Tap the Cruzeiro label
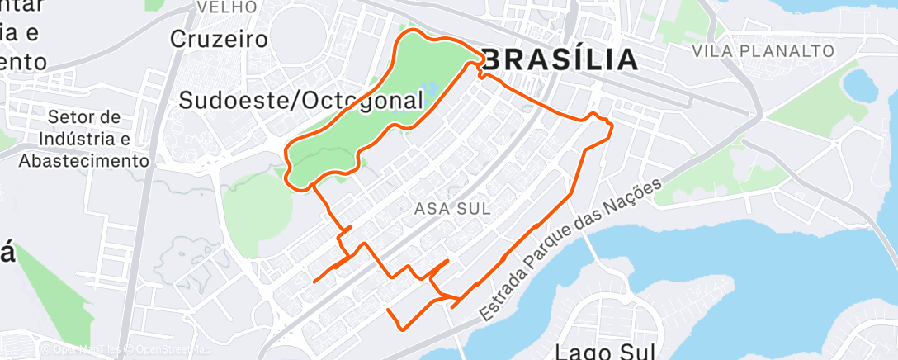(x=220, y=39)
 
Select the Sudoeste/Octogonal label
(x=301, y=101)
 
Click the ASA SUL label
(x=450, y=210)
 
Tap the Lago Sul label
(x=606, y=351)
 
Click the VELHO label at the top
(x=220, y=8)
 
